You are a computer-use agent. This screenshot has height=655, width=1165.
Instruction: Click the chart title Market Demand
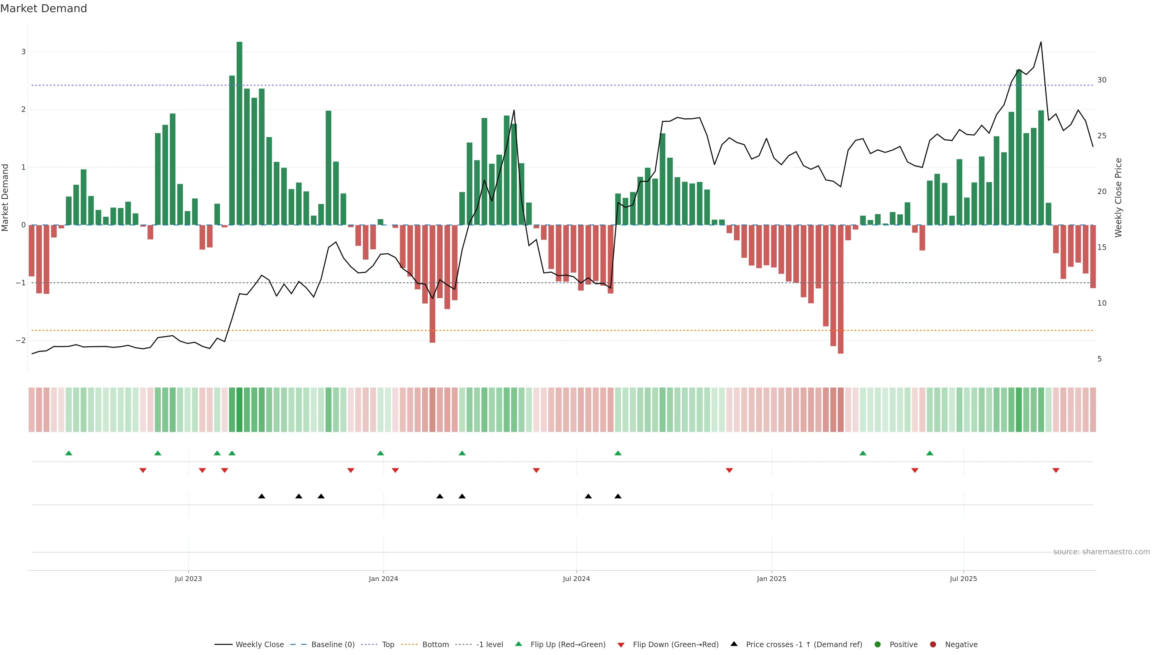point(43,8)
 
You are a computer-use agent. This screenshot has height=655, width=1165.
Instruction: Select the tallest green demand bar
point(239,133)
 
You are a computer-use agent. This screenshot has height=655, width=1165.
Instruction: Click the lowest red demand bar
point(840,289)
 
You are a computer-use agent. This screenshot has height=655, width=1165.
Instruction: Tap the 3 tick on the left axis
point(24,52)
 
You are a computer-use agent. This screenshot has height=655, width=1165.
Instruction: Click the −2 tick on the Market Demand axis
point(21,340)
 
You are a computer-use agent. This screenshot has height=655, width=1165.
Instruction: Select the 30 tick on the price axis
point(1102,80)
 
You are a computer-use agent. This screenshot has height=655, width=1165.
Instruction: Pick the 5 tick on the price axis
point(1099,359)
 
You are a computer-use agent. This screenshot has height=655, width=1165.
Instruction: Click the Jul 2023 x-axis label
point(188,579)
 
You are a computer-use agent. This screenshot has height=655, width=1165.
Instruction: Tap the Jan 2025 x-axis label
point(771,579)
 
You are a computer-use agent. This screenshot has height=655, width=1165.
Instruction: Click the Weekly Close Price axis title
point(1118,197)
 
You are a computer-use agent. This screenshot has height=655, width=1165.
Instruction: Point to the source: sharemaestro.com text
point(1101,552)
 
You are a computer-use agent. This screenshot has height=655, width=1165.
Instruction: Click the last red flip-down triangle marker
point(1055,471)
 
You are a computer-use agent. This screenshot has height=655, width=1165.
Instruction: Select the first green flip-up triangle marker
point(69,453)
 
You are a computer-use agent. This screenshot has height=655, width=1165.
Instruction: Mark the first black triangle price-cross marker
point(262,496)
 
